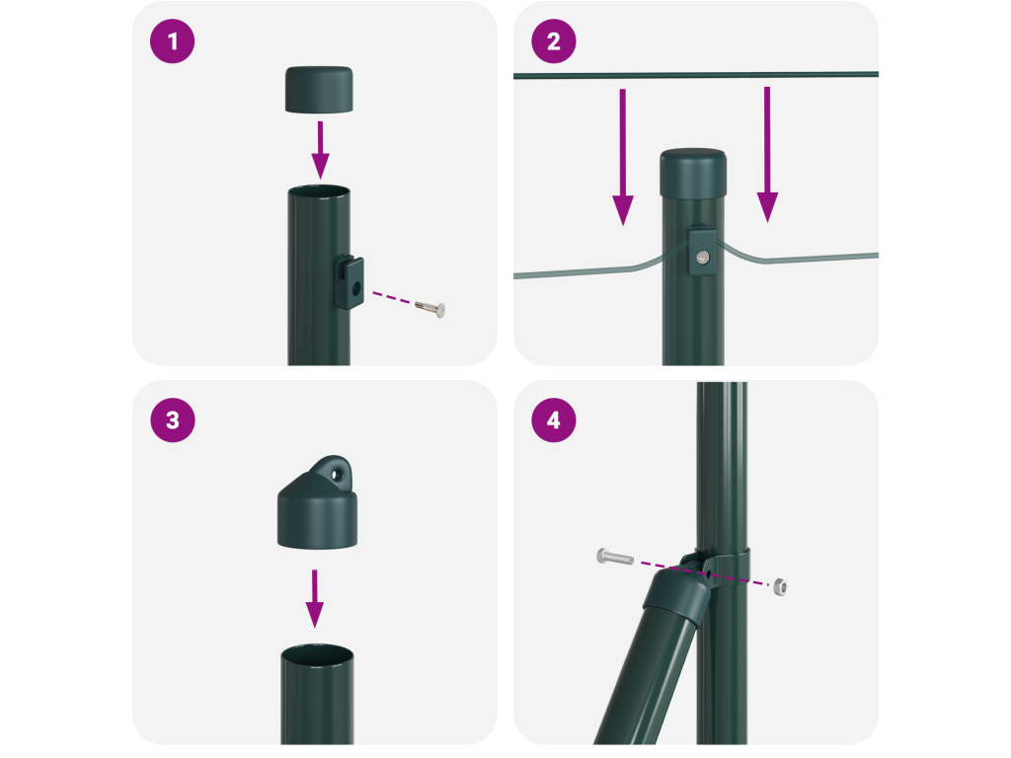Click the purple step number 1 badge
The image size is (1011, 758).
pyautogui.click(x=172, y=41)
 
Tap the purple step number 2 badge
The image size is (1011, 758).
pyautogui.click(x=553, y=41)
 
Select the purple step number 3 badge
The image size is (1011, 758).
pyautogui.click(x=172, y=420)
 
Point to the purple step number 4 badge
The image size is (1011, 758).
pyautogui.click(x=553, y=420)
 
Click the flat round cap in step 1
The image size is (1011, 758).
pyautogui.click(x=319, y=90)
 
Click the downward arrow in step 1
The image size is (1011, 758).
pyautogui.click(x=321, y=150)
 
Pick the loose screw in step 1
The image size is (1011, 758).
pyautogui.click(x=430, y=308)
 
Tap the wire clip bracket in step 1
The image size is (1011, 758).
pyautogui.click(x=349, y=281)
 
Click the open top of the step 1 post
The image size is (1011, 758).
pyautogui.click(x=319, y=192)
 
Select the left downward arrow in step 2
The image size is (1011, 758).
pyautogui.click(x=623, y=157)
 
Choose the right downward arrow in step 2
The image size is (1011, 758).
pyautogui.click(x=767, y=155)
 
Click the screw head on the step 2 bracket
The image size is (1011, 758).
pyautogui.click(x=703, y=258)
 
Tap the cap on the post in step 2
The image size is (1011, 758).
pyautogui.click(x=693, y=174)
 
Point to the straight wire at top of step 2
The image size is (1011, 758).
pyautogui.click(x=696, y=75)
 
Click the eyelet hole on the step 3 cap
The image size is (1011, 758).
pyautogui.click(x=336, y=475)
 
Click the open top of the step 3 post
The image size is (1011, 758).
pyautogui.click(x=317, y=653)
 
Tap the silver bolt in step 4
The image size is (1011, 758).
pyautogui.click(x=615, y=557)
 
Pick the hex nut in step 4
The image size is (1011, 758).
pyautogui.click(x=780, y=586)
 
